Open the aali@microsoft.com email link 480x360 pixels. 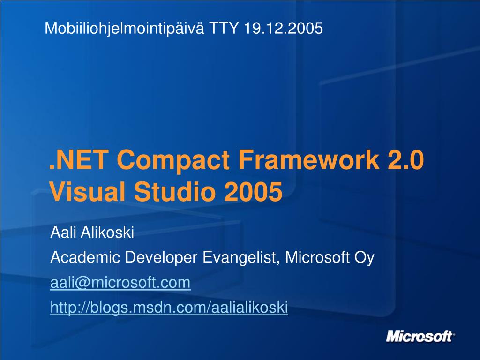coord(120,283)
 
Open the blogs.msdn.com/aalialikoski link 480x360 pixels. coord(169,308)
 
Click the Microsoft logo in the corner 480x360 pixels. coord(420,337)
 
